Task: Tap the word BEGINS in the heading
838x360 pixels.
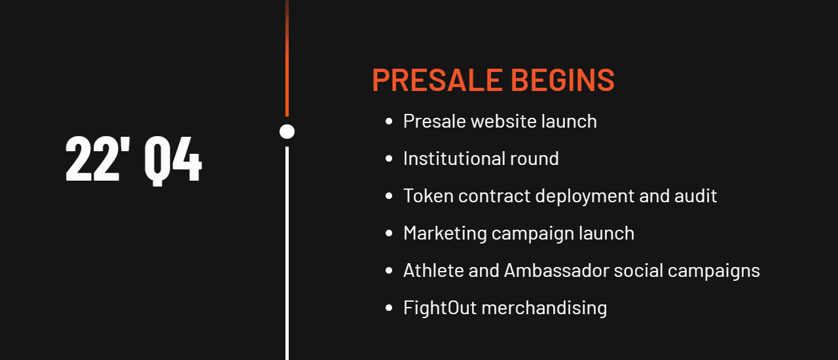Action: click(562, 80)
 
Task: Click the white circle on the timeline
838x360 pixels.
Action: click(287, 132)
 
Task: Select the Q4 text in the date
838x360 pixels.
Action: click(173, 161)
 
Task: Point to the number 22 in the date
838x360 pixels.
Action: click(92, 159)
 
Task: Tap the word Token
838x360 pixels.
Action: click(429, 196)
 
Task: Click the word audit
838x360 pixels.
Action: click(695, 196)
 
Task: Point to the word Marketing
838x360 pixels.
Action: click(445, 234)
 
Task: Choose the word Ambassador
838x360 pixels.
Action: click(556, 270)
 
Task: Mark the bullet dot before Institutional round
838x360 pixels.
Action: click(389, 158)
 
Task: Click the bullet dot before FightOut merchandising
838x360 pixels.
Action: click(389, 308)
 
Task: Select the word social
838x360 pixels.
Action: click(638, 270)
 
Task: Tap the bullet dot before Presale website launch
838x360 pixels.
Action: click(389, 121)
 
